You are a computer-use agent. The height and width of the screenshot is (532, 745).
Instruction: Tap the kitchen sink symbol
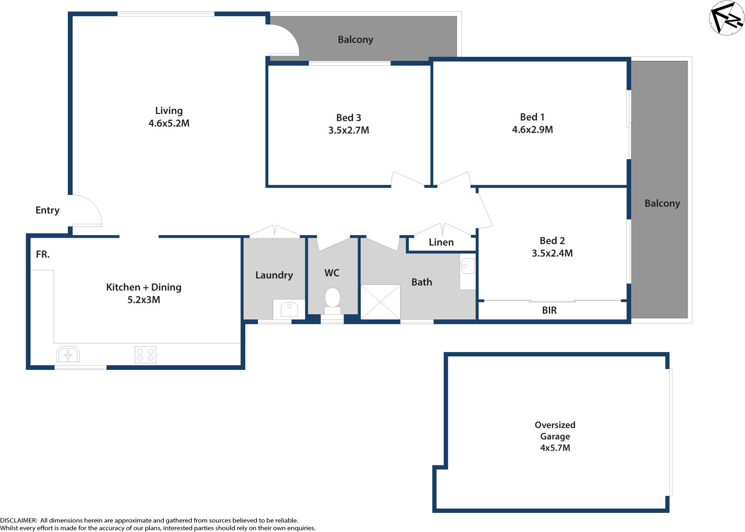click(67, 355)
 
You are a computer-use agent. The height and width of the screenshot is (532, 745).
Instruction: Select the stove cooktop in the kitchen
click(145, 355)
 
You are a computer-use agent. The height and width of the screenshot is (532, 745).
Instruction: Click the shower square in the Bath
click(381, 302)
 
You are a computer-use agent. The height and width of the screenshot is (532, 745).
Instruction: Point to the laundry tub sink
click(289, 309)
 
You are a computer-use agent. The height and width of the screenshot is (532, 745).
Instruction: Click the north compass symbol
click(727, 18)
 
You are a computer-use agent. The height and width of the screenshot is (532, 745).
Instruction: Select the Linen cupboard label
click(441, 243)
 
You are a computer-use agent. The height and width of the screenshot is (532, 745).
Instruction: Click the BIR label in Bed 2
click(549, 310)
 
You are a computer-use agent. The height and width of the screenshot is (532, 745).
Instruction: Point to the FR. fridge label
click(43, 255)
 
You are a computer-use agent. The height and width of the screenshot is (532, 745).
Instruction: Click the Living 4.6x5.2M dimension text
click(169, 123)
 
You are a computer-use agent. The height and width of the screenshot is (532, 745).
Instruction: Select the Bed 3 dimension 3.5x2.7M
click(348, 130)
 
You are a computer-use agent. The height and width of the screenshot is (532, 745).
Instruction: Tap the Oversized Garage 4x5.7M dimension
click(555, 448)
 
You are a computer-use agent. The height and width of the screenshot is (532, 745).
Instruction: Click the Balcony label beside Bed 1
click(662, 203)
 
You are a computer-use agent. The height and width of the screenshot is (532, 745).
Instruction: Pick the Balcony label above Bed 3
click(355, 40)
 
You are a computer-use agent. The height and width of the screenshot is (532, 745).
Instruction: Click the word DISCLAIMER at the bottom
click(19, 520)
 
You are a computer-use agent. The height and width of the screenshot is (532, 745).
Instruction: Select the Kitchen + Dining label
click(144, 287)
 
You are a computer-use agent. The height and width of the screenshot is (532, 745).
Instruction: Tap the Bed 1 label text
click(532, 117)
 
